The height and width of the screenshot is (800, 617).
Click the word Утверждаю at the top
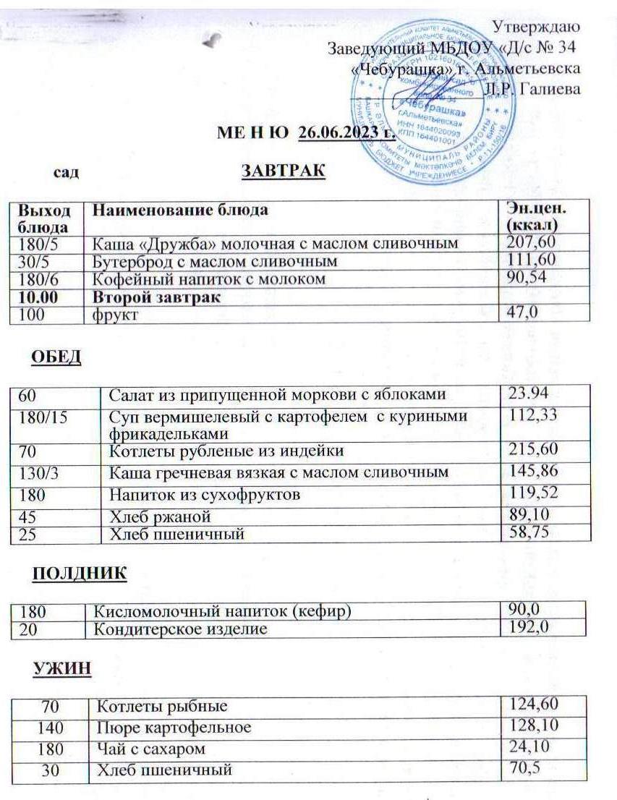click(535, 27)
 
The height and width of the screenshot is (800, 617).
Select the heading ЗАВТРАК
click(283, 172)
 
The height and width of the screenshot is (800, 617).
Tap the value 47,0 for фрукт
click(522, 312)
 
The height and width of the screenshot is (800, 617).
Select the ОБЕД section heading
click(56, 357)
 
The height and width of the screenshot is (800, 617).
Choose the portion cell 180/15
click(37, 417)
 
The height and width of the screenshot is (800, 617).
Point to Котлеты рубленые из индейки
click(226, 451)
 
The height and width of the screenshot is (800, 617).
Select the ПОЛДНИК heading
click(79, 573)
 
